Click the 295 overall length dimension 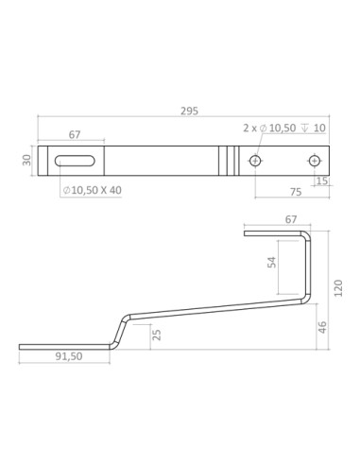point(188,112)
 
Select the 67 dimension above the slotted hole point(75,134)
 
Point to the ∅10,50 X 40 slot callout point(92,190)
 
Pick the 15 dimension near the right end point(323,180)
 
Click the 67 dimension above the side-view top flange point(276,219)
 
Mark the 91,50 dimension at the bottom point(69,358)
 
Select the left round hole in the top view point(254,162)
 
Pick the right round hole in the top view point(314,162)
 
